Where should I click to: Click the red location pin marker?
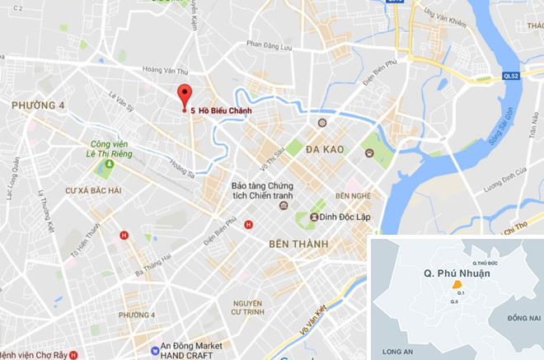[x=185, y=95]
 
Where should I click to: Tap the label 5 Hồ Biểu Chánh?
[x=223, y=110]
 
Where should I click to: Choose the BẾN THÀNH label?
[x=298, y=245]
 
